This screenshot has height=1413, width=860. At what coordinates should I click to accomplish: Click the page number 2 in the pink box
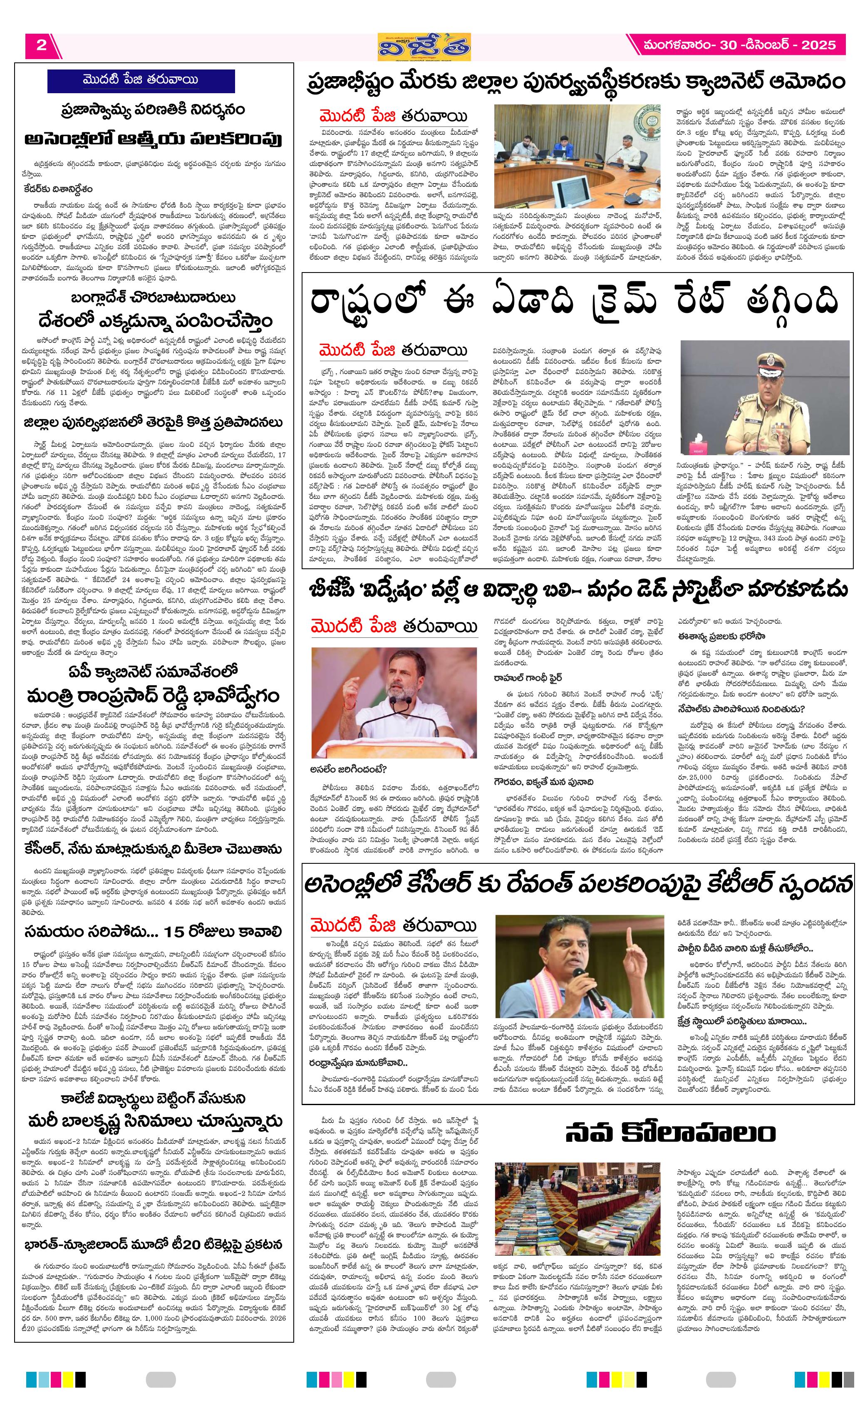click(x=41, y=45)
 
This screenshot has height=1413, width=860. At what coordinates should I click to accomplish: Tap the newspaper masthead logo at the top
click(x=424, y=47)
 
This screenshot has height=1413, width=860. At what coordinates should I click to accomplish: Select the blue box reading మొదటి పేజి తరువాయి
click(x=141, y=81)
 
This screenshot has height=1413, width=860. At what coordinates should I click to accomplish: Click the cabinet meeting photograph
click(x=576, y=156)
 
